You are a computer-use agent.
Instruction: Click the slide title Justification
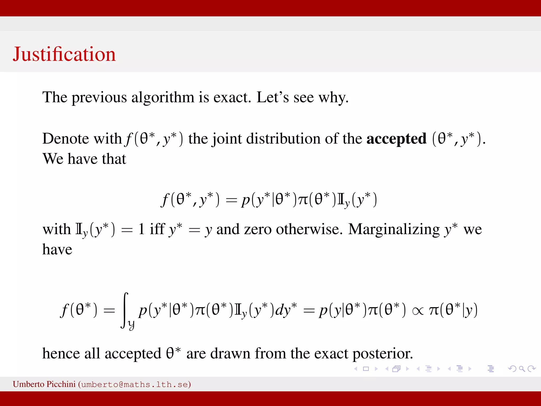pyautogui.click(x=64, y=54)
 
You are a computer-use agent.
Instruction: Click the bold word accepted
pyautogui.click(x=396, y=139)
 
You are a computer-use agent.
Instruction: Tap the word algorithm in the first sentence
pyautogui.click(x=163, y=98)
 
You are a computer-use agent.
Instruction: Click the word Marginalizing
pyautogui.click(x=394, y=229)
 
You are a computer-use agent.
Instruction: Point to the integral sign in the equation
pyautogui.click(x=125, y=310)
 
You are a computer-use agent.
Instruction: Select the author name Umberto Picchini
pyautogui.click(x=44, y=384)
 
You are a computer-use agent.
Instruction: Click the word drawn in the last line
pyautogui.click(x=230, y=354)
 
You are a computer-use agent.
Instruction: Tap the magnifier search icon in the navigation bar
pyautogui.click(x=522, y=369)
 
